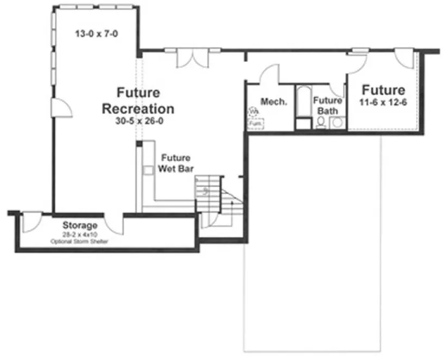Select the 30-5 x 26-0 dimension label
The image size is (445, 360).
138,121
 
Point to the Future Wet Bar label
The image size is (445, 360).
175,163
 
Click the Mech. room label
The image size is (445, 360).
274,102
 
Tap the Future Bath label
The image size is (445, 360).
327,106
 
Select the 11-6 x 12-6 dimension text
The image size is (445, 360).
384,103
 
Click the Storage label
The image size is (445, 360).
80,225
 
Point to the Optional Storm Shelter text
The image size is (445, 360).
80,241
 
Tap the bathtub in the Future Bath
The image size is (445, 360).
302,106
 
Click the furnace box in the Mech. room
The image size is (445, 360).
255,123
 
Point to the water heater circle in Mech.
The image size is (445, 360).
253,112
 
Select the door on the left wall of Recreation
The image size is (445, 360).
61,107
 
